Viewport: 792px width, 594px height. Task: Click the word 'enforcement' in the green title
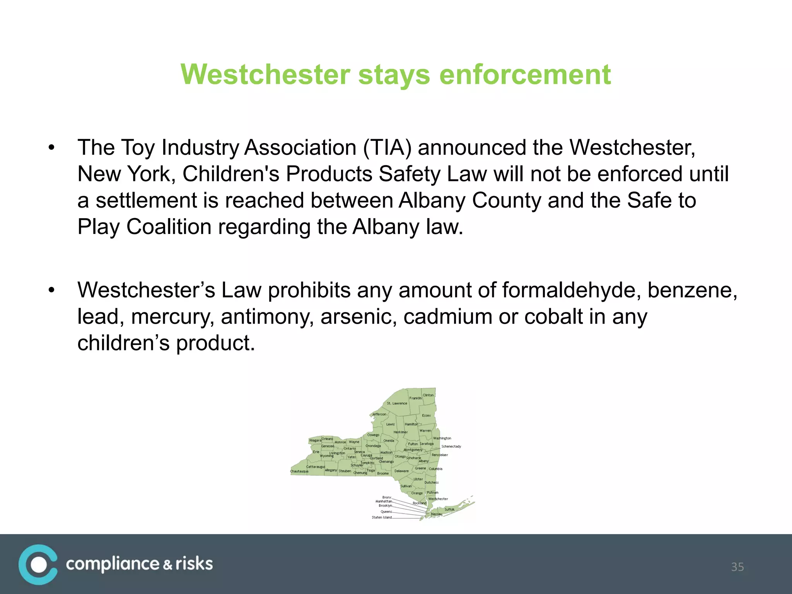(525, 74)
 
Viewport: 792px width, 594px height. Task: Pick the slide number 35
(737, 567)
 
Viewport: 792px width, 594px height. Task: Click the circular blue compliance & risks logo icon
(38, 564)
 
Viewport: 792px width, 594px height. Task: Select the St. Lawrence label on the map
(397, 403)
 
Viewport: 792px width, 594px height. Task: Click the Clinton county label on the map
(428, 395)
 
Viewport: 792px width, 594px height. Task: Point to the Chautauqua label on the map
(299, 471)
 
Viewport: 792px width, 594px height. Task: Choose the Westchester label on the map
(438, 499)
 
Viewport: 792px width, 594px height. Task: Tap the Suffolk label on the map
(449, 509)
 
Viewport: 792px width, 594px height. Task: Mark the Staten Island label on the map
(382, 517)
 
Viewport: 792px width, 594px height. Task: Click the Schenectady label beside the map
(451, 446)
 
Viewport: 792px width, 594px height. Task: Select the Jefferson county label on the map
(379, 414)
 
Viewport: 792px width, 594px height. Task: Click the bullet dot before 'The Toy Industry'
(51, 148)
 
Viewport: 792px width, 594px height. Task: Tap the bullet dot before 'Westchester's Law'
(51, 290)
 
